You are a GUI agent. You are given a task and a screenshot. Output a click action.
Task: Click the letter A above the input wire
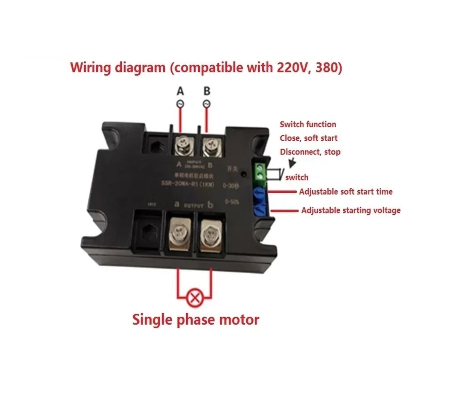[180, 91]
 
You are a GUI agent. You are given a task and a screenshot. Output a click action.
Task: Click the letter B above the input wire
[207, 91]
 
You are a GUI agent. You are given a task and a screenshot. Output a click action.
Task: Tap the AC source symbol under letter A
[180, 104]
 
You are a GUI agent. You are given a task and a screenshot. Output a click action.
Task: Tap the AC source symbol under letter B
[206, 104]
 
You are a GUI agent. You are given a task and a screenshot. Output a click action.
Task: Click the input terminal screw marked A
[184, 146]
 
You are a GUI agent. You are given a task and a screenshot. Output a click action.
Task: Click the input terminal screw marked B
[212, 146]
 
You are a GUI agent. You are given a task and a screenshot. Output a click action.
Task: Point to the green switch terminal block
[260, 171]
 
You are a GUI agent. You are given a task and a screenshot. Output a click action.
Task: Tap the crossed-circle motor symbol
[195, 298]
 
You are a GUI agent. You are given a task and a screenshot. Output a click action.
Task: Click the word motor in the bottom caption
[239, 319]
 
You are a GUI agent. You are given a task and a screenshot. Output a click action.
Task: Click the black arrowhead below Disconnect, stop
[292, 163]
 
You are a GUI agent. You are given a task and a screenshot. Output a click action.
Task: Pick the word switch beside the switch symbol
[297, 177]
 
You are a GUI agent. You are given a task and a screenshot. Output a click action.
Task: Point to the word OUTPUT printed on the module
[194, 205]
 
